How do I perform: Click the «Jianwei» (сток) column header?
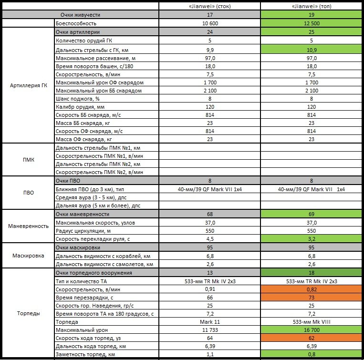pos(210,6)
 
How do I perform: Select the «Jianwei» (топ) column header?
pos(312,6)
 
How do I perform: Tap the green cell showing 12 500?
pos(312,23)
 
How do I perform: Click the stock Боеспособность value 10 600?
pos(210,23)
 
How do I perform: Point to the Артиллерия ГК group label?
pos(28,85)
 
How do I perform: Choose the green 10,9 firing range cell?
pos(312,50)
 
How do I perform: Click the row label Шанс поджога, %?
pos(78,99)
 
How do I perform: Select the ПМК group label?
pos(28,160)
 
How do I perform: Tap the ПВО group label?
pos(28,193)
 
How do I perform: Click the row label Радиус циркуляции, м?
pos(83,231)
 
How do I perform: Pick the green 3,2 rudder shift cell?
pos(312,239)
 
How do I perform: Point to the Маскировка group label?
pos(28,256)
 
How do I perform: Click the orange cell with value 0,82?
pos(312,289)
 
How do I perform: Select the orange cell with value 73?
pos(312,298)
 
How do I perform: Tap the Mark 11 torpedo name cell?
pos(210,322)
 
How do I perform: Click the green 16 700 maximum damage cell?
pos(312,330)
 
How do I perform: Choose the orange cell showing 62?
pos(312,338)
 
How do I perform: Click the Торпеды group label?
pos(28,313)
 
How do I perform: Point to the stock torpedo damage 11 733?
pos(210,330)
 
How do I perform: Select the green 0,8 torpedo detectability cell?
pos(312,354)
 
